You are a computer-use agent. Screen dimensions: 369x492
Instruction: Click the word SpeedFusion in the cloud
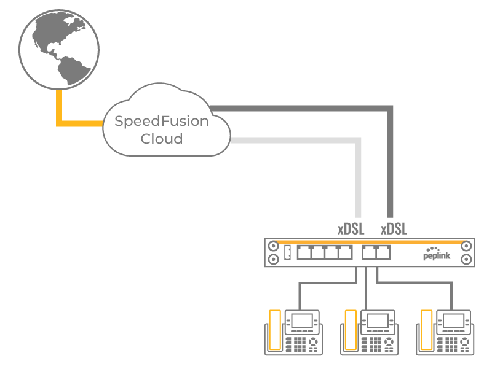point(162,121)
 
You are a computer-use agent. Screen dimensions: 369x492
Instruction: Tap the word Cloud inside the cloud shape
point(162,139)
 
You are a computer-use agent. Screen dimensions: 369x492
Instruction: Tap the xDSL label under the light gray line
point(351,230)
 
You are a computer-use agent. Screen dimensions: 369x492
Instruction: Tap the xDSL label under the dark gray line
point(394,230)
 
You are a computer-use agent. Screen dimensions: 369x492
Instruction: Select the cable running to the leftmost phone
point(300,295)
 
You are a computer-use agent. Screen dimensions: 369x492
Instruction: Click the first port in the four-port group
point(304,252)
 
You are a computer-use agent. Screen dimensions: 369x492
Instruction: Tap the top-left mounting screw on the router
point(272,245)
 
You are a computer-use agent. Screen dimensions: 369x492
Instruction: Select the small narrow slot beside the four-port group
point(288,252)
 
